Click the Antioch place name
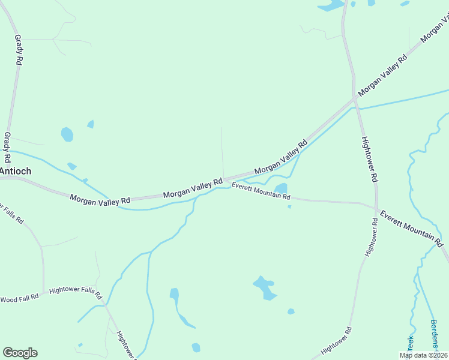tap(16, 171)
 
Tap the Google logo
tap(20, 353)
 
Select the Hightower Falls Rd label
tap(76, 292)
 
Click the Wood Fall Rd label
tap(19, 298)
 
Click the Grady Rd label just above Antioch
tap(8, 148)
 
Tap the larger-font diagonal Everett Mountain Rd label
tap(411, 228)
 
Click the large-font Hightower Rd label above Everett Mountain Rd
tap(369, 160)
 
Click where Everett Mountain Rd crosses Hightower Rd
tap(376, 208)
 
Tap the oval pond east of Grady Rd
tap(67, 134)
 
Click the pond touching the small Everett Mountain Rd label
tap(281, 188)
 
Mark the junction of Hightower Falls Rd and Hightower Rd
tap(106, 305)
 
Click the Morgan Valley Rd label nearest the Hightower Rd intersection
tap(382, 75)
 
